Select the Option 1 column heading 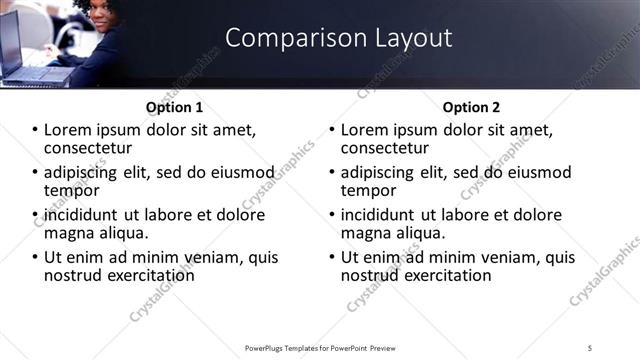click(174, 107)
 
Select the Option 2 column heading click(471, 107)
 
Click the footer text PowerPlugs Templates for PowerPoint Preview click(319, 347)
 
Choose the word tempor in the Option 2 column click(368, 190)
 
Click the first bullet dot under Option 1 click(36, 130)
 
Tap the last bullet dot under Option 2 click(333, 257)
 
